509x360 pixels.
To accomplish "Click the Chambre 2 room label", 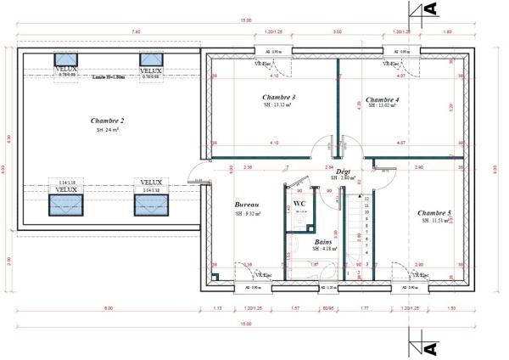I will [109, 121].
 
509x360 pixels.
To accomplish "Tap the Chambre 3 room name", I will [278, 98].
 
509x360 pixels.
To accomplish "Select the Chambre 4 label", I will [382, 98].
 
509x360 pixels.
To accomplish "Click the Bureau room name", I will [247, 205].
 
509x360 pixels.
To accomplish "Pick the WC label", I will [299, 203].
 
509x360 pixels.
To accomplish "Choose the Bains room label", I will [323, 241].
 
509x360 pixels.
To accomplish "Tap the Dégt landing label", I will [344, 172].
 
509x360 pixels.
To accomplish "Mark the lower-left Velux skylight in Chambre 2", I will [67, 205].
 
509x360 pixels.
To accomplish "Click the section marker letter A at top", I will [429, 8].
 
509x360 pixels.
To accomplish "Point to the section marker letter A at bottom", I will [429, 348].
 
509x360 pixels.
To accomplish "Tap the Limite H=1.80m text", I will [109, 77].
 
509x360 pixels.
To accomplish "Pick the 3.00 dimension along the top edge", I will [337, 31].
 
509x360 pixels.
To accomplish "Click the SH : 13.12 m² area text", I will [277, 107].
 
